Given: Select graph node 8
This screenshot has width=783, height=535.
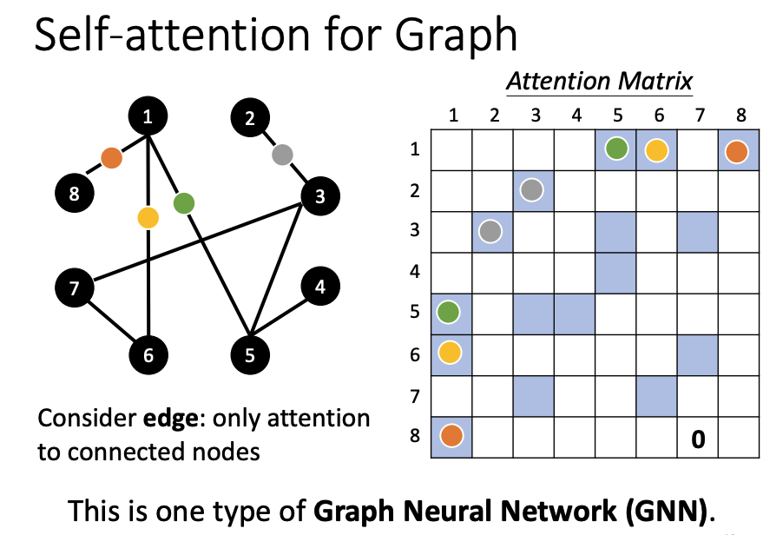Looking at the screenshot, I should tap(75, 194).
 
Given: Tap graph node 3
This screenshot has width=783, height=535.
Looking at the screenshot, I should tap(320, 195).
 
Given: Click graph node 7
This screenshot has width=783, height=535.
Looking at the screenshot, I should tap(75, 287).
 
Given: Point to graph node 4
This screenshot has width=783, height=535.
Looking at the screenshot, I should tap(320, 287).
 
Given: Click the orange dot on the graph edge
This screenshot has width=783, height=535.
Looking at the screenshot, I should tap(110, 158).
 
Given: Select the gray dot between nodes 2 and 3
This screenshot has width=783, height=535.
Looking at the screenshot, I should tap(280, 155).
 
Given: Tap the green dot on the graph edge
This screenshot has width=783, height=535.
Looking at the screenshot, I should tap(183, 204).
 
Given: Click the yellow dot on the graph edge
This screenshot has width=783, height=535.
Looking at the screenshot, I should tap(148, 217).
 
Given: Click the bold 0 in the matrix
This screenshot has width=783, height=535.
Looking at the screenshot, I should tap(696, 440).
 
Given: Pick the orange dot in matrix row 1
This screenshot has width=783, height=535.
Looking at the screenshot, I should tap(737, 151).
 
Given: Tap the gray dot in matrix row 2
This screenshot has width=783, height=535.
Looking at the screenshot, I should tap(533, 190).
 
